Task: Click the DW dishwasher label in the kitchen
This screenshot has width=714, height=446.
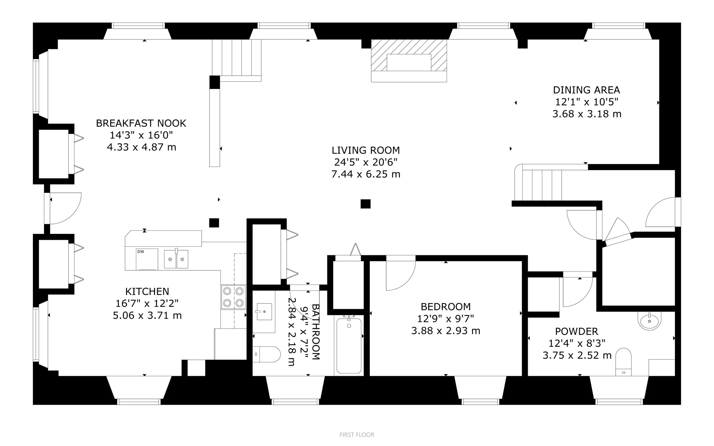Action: tap(141, 252)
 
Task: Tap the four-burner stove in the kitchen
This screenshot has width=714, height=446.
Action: tap(233, 297)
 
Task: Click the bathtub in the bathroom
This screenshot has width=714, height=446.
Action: tap(349, 345)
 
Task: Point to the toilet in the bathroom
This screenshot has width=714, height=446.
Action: tap(266, 354)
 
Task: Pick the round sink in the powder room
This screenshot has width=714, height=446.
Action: tap(649, 320)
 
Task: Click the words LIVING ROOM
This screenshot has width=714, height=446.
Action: tap(366, 151)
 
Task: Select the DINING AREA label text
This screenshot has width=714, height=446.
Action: tap(586, 90)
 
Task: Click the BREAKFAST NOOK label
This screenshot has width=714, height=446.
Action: tap(141, 123)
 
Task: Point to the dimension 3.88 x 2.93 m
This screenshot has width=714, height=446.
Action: tap(446, 331)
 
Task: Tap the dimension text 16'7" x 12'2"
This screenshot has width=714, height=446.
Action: tap(147, 303)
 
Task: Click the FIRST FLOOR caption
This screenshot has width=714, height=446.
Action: tap(357, 435)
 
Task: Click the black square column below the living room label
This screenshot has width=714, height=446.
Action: tap(365, 204)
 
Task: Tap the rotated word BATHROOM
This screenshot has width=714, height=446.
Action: tap(315, 332)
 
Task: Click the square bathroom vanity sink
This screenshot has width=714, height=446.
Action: tap(264, 311)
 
